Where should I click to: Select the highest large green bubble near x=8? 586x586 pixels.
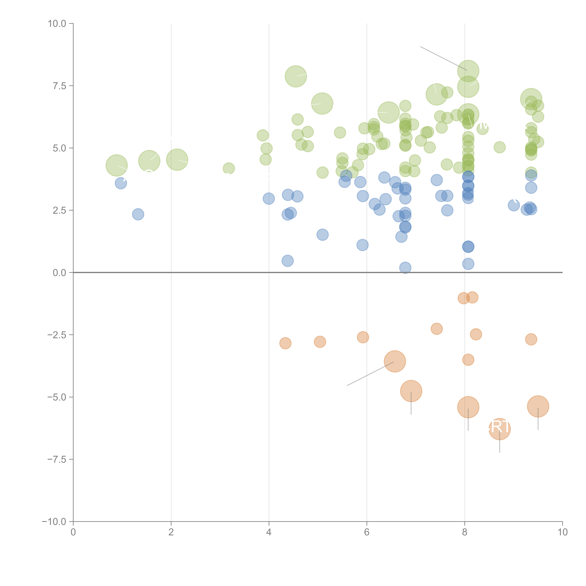[468, 71]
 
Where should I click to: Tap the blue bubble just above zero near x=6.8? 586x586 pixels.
[405, 268]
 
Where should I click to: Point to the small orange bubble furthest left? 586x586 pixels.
[285, 343]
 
